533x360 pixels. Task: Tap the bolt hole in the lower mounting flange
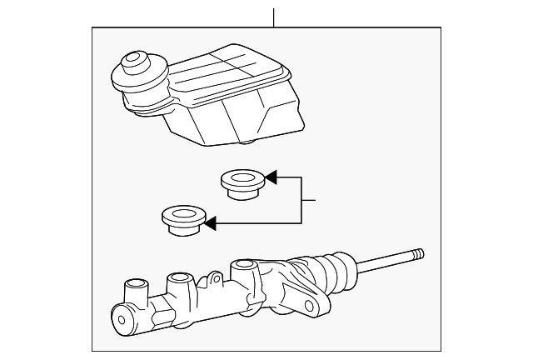(314, 307)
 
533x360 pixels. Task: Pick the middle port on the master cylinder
(178, 283)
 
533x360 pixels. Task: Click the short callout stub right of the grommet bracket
(309, 200)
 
